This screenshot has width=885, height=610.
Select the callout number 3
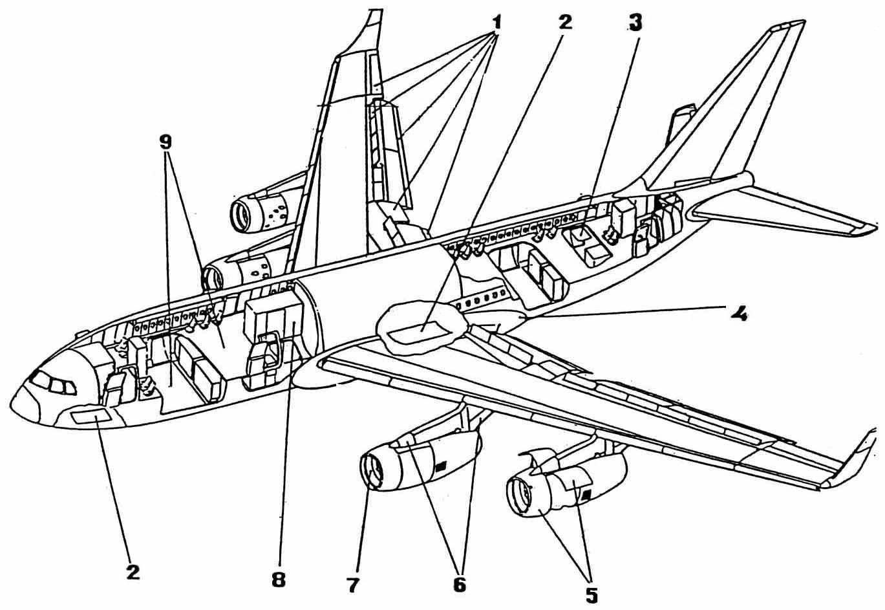click(635, 24)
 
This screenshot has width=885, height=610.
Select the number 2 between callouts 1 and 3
click(565, 23)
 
